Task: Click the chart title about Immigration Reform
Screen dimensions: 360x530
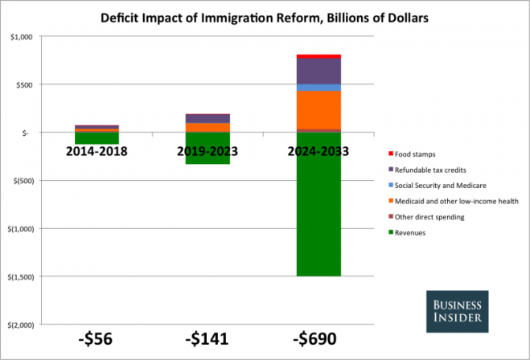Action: [x=265, y=15]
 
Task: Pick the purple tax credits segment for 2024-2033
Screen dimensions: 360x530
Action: [x=318, y=71]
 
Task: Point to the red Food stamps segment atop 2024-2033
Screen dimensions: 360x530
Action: [x=318, y=56]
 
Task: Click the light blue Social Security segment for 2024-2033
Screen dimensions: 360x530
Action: [x=318, y=87]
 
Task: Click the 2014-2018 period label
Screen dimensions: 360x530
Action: [x=97, y=151]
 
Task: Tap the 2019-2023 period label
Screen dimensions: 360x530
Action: [x=207, y=151]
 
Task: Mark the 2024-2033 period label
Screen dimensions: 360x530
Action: [x=318, y=151]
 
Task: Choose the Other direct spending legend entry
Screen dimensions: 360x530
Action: [x=429, y=217]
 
